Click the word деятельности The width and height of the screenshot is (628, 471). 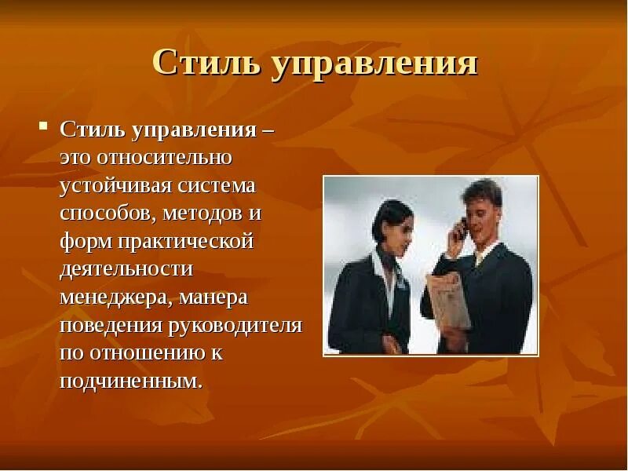point(126,269)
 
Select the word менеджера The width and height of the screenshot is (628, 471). point(115,298)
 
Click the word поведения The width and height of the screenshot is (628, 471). point(111,325)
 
